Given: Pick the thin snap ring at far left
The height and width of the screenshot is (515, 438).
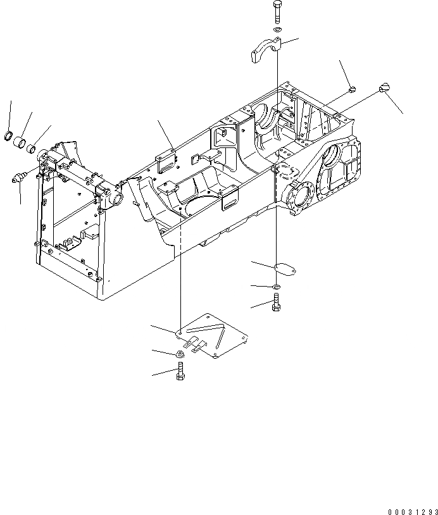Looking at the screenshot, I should pyautogui.click(x=9, y=134).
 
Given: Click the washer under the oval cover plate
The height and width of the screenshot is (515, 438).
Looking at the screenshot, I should pyautogui.click(x=277, y=289).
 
